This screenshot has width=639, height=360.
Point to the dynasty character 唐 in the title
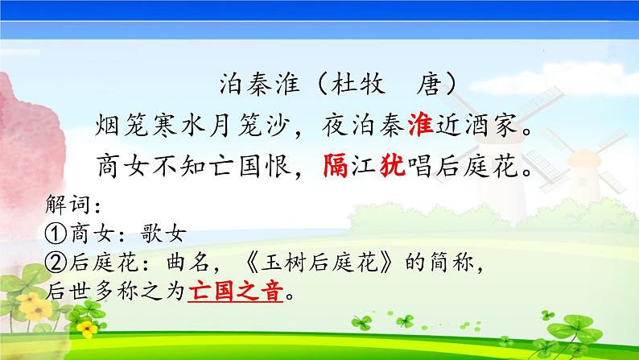pos(433,85)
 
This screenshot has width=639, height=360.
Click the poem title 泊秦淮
pos(254,85)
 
